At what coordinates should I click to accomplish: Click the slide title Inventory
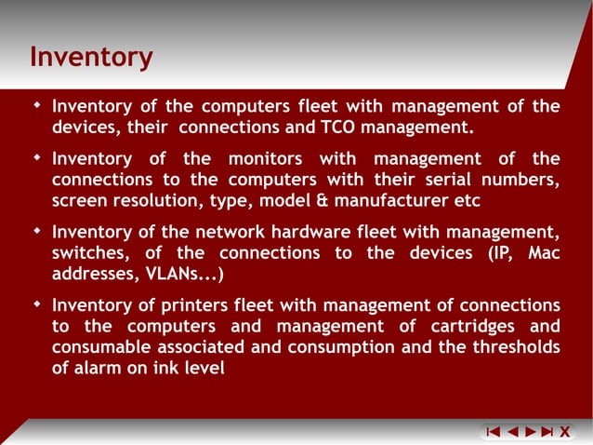coord(91,58)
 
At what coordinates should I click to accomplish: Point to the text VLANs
coord(179,275)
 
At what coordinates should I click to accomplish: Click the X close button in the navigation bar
coord(563,431)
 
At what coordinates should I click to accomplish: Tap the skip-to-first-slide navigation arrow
coord(494,431)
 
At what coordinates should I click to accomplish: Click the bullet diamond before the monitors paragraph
coord(36,157)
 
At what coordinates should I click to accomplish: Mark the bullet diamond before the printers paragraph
coord(36,303)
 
